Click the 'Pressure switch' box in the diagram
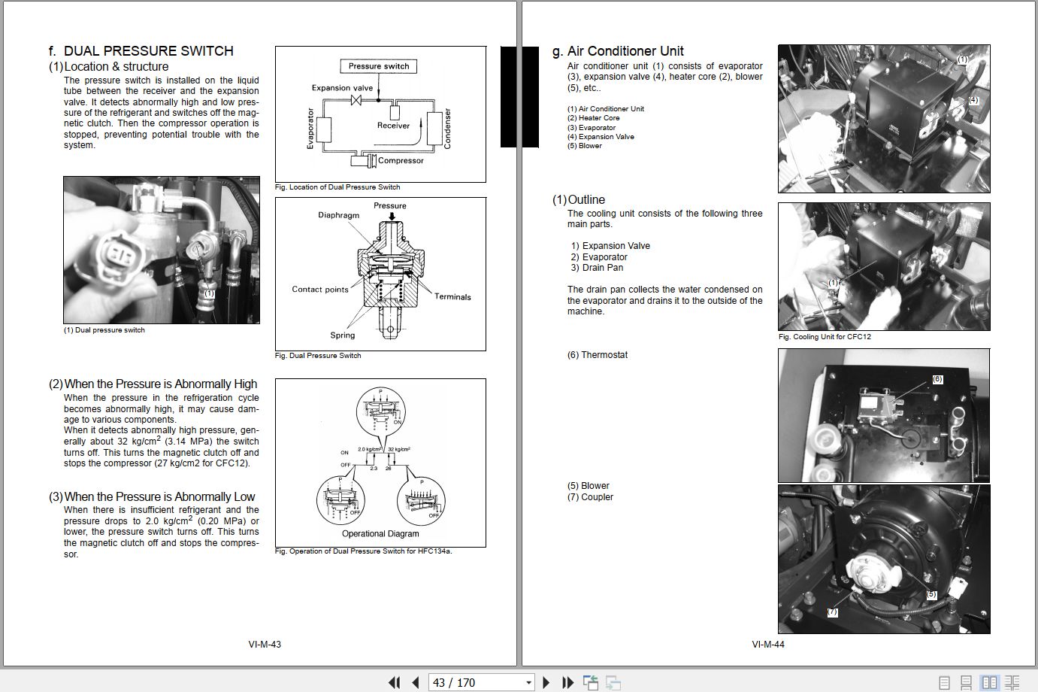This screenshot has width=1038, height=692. (379, 66)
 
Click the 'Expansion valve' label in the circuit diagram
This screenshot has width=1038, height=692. (342, 88)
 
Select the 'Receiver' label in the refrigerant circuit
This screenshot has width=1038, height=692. (393, 126)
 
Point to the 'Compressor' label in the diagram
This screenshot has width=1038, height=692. (401, 160)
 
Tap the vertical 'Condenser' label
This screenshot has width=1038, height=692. (448, 129)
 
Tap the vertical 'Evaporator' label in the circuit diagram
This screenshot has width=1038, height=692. (310, 129)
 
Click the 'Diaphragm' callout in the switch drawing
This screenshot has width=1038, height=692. (338, 215)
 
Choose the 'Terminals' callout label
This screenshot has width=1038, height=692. (452, 296)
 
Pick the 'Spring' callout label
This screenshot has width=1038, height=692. (342, 335)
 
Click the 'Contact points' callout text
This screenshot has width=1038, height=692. (320, 290)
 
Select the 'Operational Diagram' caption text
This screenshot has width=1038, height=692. (380, 534)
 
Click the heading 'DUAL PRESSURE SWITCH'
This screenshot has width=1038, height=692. (148, 51)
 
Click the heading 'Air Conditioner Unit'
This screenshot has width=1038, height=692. (625, 51)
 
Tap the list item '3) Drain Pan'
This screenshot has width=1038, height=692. (597, 268)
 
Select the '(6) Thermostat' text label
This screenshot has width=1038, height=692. (597, 355)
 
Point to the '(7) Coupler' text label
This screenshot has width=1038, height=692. (590, 497)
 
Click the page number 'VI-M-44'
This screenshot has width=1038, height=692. (768, 645)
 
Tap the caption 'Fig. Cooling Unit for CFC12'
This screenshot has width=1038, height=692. (825, 337)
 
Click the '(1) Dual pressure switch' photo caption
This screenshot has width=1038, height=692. (104, 330)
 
